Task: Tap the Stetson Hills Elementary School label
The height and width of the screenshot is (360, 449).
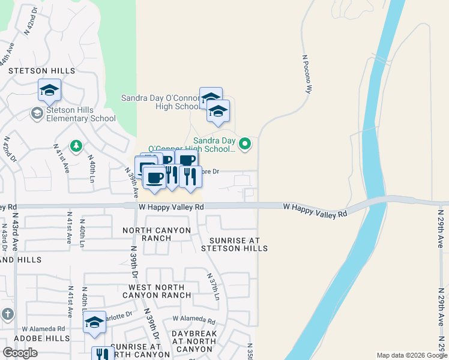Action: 81,114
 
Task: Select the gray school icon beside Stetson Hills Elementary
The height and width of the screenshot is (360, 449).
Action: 37,113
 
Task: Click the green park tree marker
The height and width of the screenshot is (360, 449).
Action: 76,146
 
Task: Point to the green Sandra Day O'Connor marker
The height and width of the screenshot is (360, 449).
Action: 245,143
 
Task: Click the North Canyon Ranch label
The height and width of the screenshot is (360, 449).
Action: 157,234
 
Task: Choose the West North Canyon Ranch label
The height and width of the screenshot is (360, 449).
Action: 157,291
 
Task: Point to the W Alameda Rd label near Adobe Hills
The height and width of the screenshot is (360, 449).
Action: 43,329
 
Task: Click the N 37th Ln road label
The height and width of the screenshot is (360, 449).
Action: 214,287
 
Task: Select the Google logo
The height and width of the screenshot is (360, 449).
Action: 20,353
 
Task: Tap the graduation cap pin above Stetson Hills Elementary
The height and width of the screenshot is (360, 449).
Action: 50,90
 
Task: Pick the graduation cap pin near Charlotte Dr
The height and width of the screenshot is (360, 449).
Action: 95,322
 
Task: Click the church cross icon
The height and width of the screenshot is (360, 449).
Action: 7,314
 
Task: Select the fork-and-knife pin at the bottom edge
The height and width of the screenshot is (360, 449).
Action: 103,354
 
